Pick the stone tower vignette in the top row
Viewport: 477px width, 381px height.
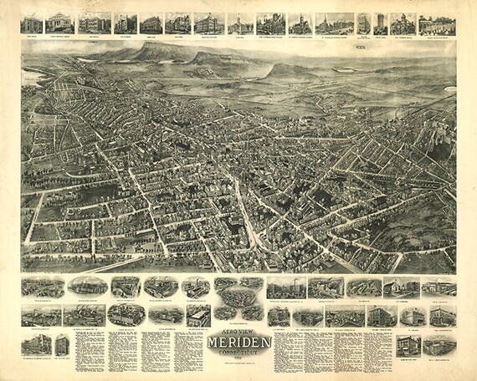coord(364,23)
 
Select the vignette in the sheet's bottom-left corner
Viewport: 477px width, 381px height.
coord(36,344)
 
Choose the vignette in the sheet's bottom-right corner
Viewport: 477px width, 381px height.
coord(440,346)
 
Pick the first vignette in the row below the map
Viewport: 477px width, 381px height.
coord(42,287)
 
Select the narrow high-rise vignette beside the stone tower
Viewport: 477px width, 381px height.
coord(381,23)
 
